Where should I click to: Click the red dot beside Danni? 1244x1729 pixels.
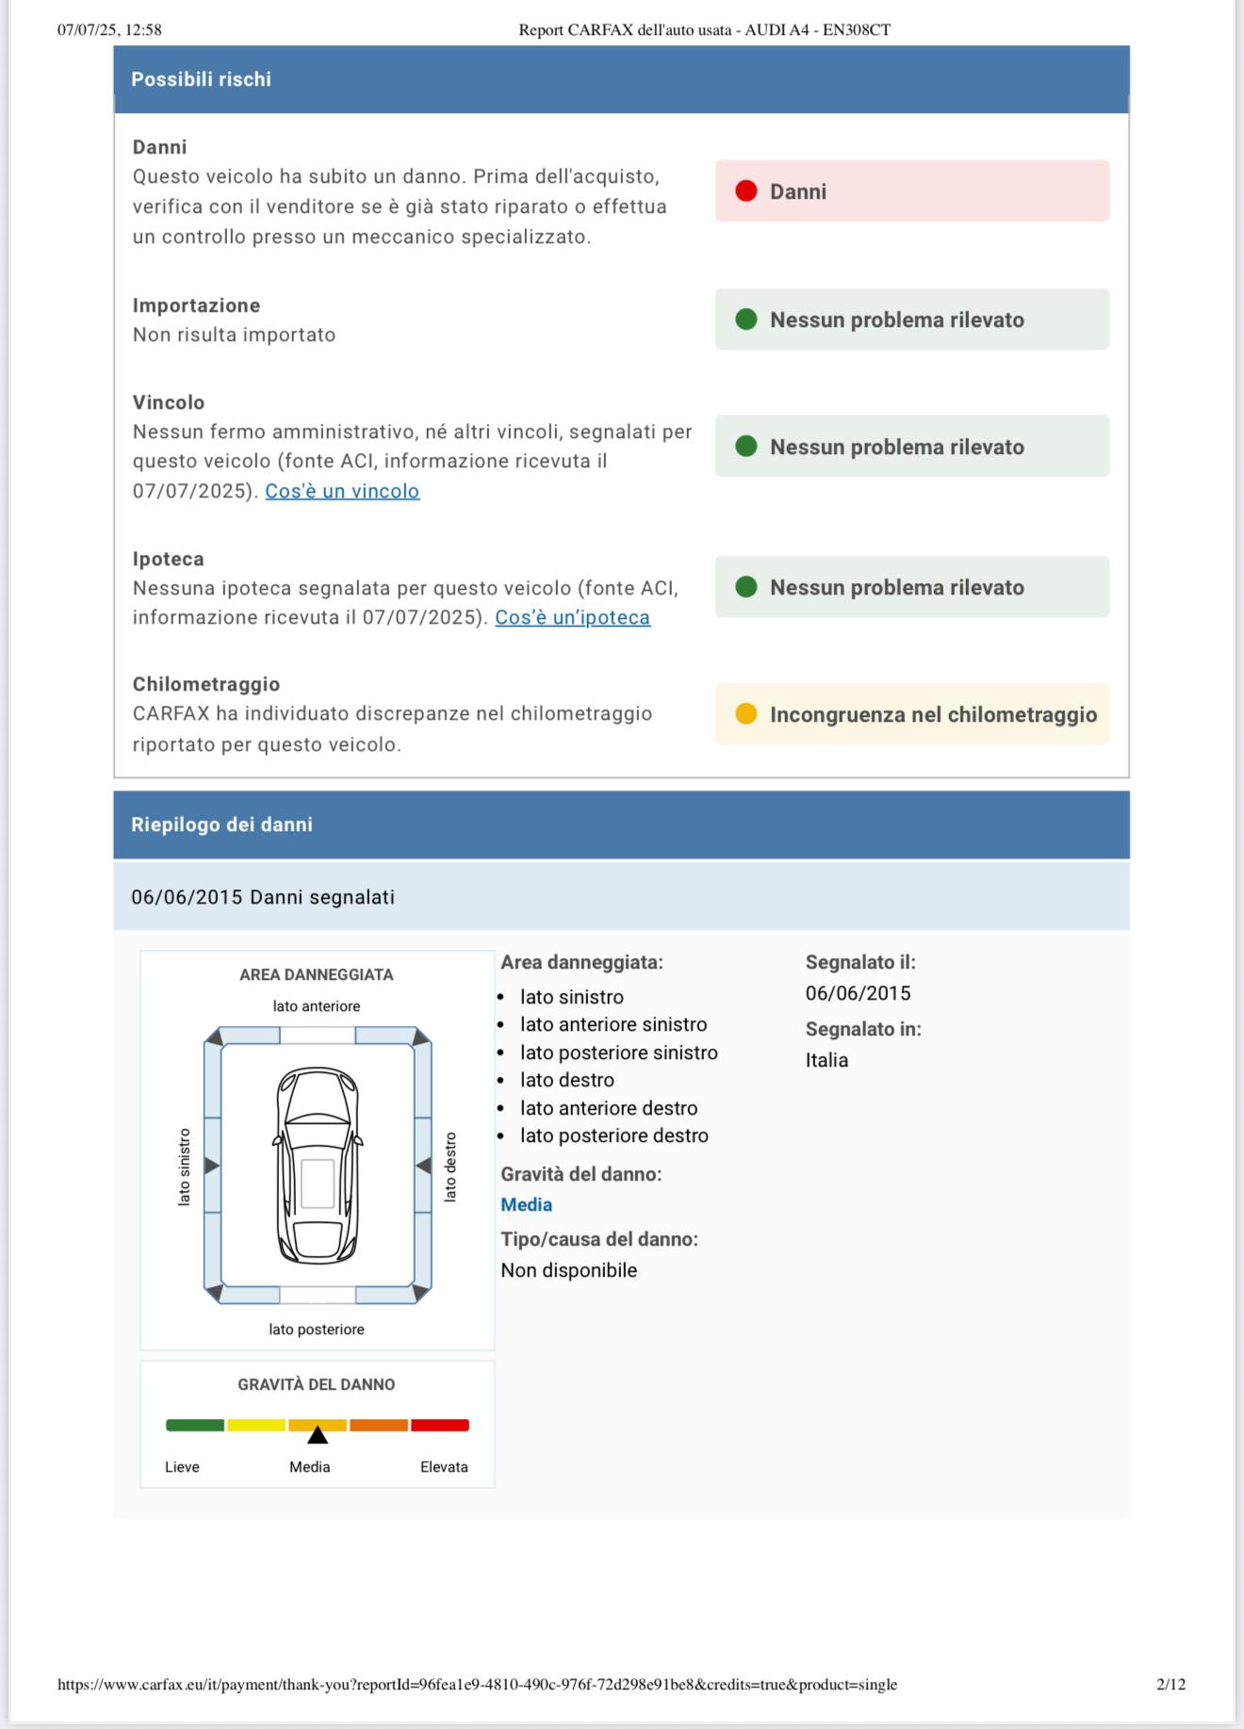pyautogui.click(x=745, y=191)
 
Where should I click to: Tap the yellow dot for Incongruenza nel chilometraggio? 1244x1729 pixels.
pyautogui.click(x=745, y=714)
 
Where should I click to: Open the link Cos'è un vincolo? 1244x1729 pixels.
pyautogui.click(x=342, y=491)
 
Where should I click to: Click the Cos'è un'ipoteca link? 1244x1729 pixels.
pyautogui.click(x=572, y=617)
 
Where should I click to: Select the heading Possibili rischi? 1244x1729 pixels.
pyautogui.click(x=201, y=79)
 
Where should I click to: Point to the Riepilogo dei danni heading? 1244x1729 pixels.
pyautogui.click(x=221, y=824)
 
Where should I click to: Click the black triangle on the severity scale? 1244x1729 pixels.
pyautogui.click(x=318, y=1435)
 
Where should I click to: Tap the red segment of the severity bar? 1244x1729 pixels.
pyautogui.click(x=439, y=1425)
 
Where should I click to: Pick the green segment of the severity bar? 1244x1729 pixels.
pyautogui.click(x=195, y=1425)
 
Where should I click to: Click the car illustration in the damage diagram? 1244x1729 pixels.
pyautogui.click(x=318, y=1165)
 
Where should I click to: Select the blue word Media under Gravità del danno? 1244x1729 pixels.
pyautogui.click(x=526, y=1204)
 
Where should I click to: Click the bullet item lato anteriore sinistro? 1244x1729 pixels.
pyautogui.click(x=613, y=1024)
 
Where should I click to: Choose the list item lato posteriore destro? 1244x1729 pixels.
pyautogui.click(x=614, y=1135)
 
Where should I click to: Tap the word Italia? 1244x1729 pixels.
pyautogui.click(x=827, y=1060)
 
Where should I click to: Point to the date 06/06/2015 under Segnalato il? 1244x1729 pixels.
pyautogui.click(x=858, y=993)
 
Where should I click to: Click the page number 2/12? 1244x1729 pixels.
pyautogui.click(x=1170, y=1684)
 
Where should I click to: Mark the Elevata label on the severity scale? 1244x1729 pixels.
pyautogui.click(x=444, y=1466)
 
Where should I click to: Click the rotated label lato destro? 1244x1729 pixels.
pyautogui.click(x=450, y=1166)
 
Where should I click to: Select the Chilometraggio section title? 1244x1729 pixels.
pyautogui.click(x=206, y=684)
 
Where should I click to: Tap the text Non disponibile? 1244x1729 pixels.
pyautogui.click(x=568, y=1270)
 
